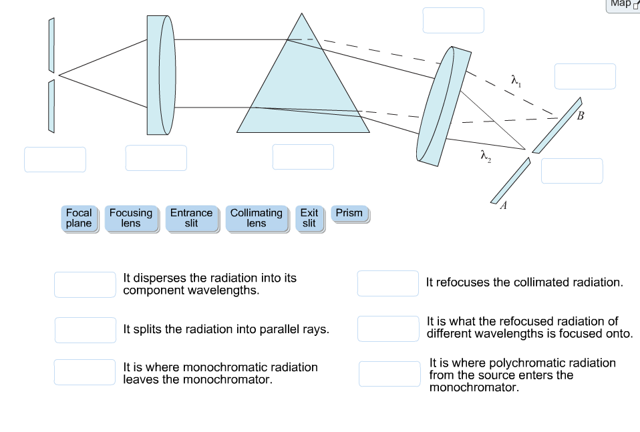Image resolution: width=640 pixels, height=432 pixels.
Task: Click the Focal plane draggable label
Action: (x=79, y=218)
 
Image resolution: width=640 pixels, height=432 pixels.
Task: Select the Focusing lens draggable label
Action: (x=131, y=218)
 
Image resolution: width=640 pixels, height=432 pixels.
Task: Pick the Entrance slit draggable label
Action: (x=191, y=218)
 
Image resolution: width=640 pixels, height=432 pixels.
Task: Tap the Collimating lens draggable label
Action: (x=257, y=218)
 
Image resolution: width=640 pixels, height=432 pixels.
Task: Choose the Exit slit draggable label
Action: (x=309, y=218)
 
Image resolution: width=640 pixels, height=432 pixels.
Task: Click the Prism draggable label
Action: (x=349, y=214)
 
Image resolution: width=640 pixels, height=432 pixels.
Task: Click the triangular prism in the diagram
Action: (x=302, y=93)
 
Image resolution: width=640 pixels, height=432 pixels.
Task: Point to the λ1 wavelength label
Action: (x=516, y=80)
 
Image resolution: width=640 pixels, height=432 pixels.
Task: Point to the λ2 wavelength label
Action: (x=486, y=156)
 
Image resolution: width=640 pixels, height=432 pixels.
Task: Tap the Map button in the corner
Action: (x=622, y=4)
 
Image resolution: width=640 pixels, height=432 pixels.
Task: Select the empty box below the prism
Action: (x=303, y=157)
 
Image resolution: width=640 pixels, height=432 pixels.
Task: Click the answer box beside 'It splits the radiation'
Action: (x=86, y=329)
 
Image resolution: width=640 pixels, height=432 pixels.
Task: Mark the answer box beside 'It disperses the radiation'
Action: (x=86, y=284)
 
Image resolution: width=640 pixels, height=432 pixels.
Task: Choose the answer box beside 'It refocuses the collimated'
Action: (x=388, y=283)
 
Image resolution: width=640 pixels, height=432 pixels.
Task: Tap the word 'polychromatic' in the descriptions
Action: (x=522, y=363)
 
